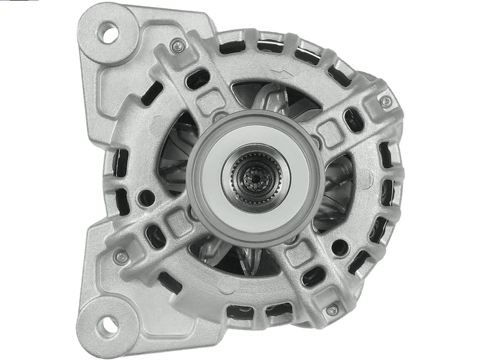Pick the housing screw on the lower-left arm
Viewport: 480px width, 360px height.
click(x=121, y=257)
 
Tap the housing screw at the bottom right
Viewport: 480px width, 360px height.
click(x=332, y=310)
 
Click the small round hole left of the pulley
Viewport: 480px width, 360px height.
click(x=146, y=197)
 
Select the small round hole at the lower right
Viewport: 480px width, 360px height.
click(x=340, y=247)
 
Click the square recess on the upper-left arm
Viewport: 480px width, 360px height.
click(x=209, y=101)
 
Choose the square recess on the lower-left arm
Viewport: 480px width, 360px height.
click(x=179, y=223)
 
